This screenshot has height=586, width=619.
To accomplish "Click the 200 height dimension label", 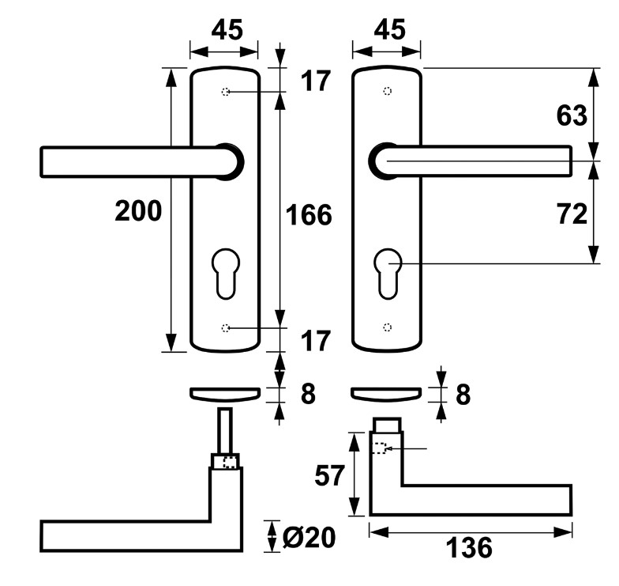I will (x=138, y=211).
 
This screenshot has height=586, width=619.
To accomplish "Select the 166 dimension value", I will (x=308, y=214).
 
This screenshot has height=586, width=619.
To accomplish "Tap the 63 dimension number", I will (x=572, y=115).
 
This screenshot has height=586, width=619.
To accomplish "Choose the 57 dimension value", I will (x=329, y=475).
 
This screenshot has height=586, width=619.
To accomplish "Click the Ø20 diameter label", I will (x=309, y=538).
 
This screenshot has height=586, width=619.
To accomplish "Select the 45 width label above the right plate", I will (x=387, y=30).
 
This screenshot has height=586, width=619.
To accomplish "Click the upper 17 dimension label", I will (x=315, y=81).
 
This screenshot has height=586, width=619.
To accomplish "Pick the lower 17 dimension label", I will (x=315, y=341).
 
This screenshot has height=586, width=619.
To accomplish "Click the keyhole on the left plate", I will (x=225, y=273).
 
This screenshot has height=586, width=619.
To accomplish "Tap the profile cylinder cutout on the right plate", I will (x=387, y=273).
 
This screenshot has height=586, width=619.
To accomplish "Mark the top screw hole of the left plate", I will (x=226, y=93).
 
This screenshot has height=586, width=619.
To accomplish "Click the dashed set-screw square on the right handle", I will (x=379, y=448).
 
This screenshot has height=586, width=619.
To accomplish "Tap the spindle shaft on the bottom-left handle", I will (x=226, y=431).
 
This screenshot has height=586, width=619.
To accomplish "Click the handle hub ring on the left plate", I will (x=228, y=161).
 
